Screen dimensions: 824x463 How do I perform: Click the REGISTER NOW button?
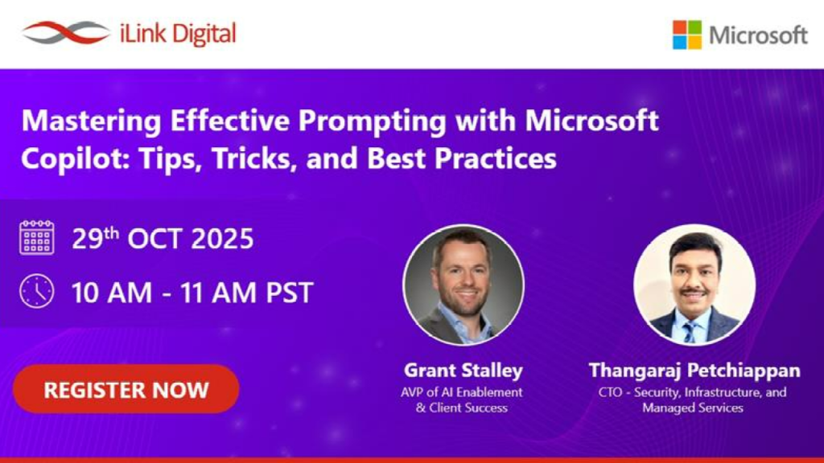[x=126, y=389]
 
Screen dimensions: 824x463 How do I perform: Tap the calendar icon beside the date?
[x=37, y=238]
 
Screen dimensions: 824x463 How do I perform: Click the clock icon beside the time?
[x=37, y=291]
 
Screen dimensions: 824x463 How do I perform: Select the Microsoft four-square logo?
[x=687, y=35]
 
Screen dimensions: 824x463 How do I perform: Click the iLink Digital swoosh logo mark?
[x=66, y=33]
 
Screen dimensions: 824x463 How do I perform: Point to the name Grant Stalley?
[x=463, y=370]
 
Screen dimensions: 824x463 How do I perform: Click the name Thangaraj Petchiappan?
[x=694, y=370]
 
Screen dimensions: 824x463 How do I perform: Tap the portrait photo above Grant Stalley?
[x=463, y=285]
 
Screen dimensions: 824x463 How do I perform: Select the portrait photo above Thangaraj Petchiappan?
[x=694, y=285]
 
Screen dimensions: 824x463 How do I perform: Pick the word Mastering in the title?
[x=92, y=121]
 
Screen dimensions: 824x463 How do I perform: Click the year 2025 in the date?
[x=222, y=239]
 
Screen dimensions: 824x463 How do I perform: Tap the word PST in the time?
[x=290, y=293]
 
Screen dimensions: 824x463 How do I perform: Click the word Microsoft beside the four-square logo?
[x=758, y=35]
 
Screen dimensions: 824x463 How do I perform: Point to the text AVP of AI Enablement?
[x=461, y=392]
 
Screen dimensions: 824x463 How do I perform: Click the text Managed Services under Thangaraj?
[x=693, y=408]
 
